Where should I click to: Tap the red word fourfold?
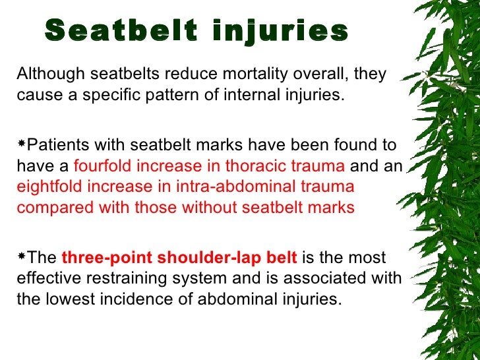coord(102,166)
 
